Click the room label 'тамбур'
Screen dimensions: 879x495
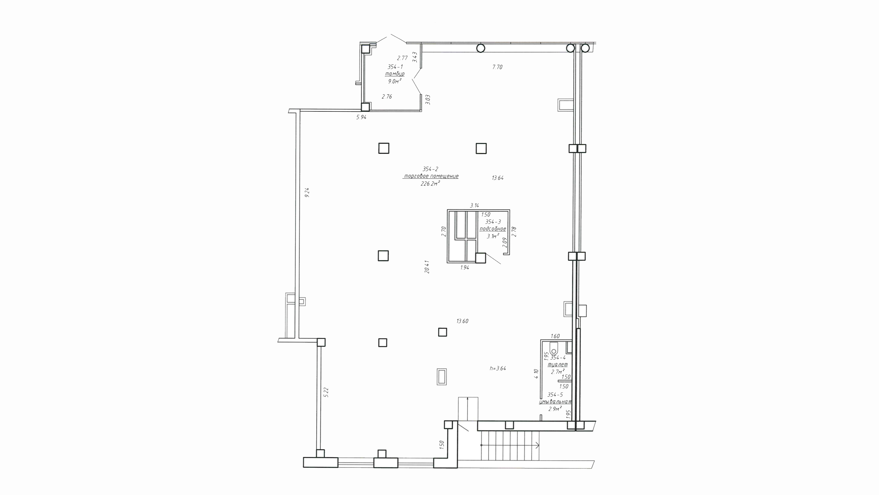(395, 74)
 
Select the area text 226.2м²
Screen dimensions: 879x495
(430, 184)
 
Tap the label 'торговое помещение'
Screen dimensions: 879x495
(431, 176)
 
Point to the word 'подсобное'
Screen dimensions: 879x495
(493, 229)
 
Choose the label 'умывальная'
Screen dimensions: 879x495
(555, 402)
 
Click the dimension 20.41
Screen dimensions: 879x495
(427, 267)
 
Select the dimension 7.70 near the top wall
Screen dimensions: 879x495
(497, 67)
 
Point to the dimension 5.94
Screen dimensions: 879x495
(361, 117)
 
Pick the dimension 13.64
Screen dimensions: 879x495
(498, 178)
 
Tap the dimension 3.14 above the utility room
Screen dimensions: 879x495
(475, 205)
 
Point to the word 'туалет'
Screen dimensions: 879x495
(558, 364)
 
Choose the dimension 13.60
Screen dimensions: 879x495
(462, 321)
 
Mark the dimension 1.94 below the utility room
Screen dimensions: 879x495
(465, 268)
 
